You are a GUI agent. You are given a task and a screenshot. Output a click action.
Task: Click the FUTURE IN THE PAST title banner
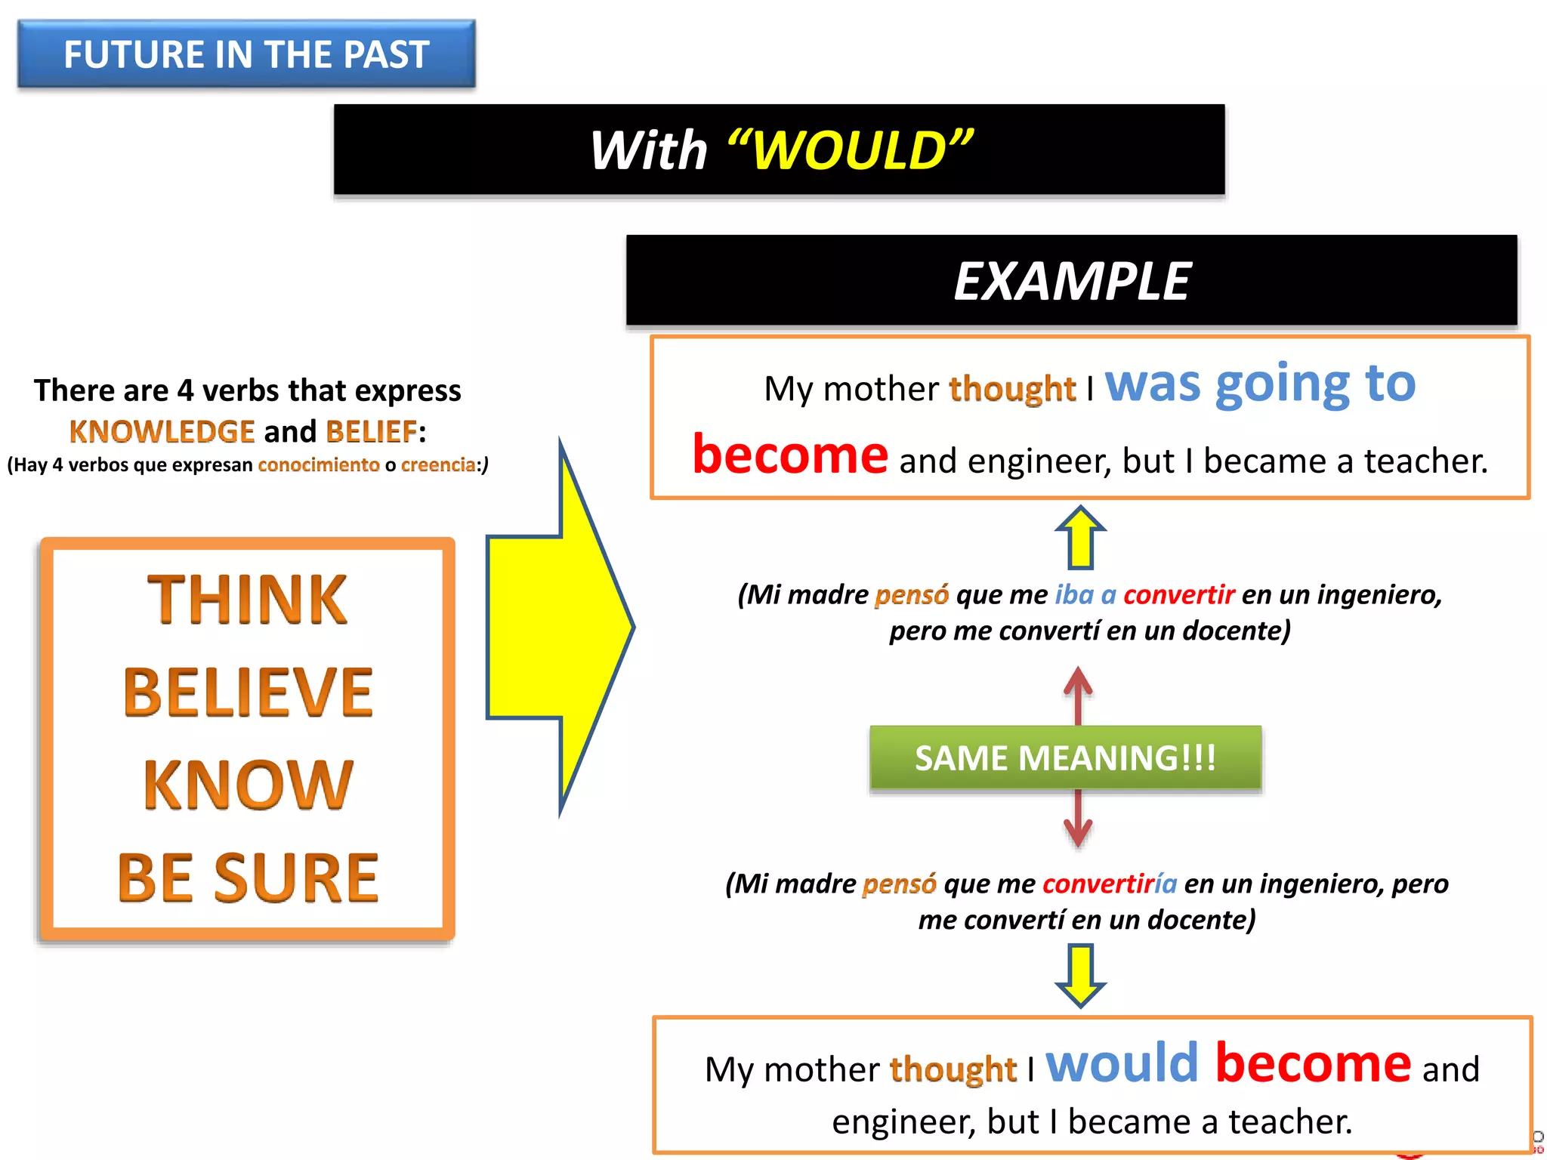(246, 54)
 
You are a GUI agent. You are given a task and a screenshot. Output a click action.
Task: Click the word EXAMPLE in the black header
(1072, 282)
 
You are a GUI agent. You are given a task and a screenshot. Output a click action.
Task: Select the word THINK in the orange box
(247, 600)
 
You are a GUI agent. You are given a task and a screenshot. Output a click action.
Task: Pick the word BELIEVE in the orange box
(248, 693)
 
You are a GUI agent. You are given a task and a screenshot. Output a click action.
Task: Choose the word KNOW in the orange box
(248, 785)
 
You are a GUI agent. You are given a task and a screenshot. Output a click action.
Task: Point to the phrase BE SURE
(248, 878)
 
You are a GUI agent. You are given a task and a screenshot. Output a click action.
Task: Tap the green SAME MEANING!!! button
(1065, 757)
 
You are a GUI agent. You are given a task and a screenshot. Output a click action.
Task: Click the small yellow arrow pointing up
(1081, 538)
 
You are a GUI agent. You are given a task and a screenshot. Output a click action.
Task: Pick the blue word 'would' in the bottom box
(1122, 1063)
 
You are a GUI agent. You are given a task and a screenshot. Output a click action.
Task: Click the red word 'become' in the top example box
(790, 455)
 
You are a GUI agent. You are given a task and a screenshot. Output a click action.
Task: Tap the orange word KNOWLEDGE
(162, 432)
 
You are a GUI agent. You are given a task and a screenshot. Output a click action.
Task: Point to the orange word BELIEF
(371, 432)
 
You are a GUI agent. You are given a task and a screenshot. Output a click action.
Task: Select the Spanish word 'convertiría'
(1109, 883)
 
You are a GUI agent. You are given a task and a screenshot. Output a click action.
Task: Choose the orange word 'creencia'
(438, 464)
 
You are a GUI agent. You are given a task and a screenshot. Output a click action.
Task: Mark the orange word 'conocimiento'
(319, 464)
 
